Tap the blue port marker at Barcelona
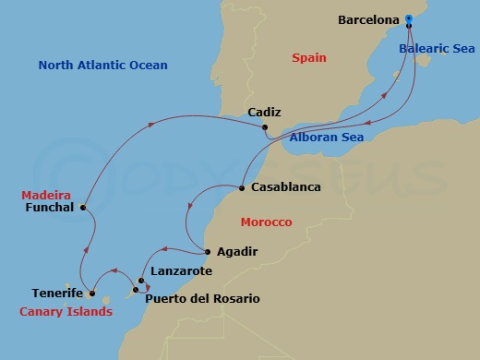tap(409, 18)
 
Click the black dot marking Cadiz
tap(264, 127)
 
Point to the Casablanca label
tap(285, 187)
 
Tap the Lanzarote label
tap(181, 271)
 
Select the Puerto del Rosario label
tap(202, 299)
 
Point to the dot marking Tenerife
tap(92, 294)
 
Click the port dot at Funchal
tap(83, 208)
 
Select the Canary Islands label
tap(66, 312)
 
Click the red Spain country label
tap(309, 57)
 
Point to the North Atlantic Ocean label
tap(102, 66)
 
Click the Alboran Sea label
tap(327, 138)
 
